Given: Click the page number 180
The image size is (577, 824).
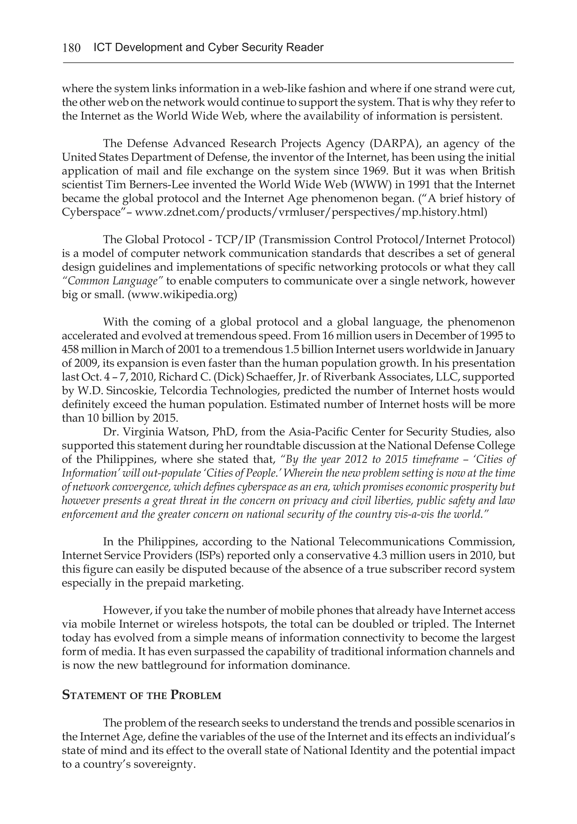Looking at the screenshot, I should pos(72,48).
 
